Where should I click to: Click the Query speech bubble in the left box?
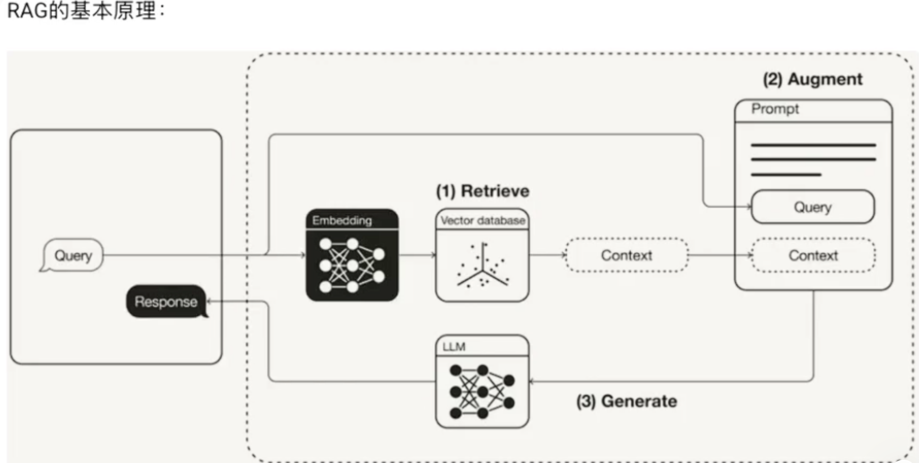pos(73,255)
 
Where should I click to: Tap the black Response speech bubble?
pos(166,302)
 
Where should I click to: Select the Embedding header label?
pos(342,221)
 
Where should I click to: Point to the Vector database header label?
pos(483,221)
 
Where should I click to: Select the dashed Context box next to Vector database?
pos(627,255)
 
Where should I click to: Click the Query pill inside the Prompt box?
pos(813,207)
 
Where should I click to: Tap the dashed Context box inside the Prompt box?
pos(813,255)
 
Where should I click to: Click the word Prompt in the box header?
pos(775,109)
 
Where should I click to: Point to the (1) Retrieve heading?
pos(483,191)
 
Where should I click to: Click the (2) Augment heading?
pos(813,79)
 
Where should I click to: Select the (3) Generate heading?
pos(627,401)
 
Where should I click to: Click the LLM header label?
pos(454,347)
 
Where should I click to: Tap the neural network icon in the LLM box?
pos(483,392)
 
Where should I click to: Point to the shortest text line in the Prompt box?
pos(786,175)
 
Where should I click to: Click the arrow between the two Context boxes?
pos(720,255)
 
